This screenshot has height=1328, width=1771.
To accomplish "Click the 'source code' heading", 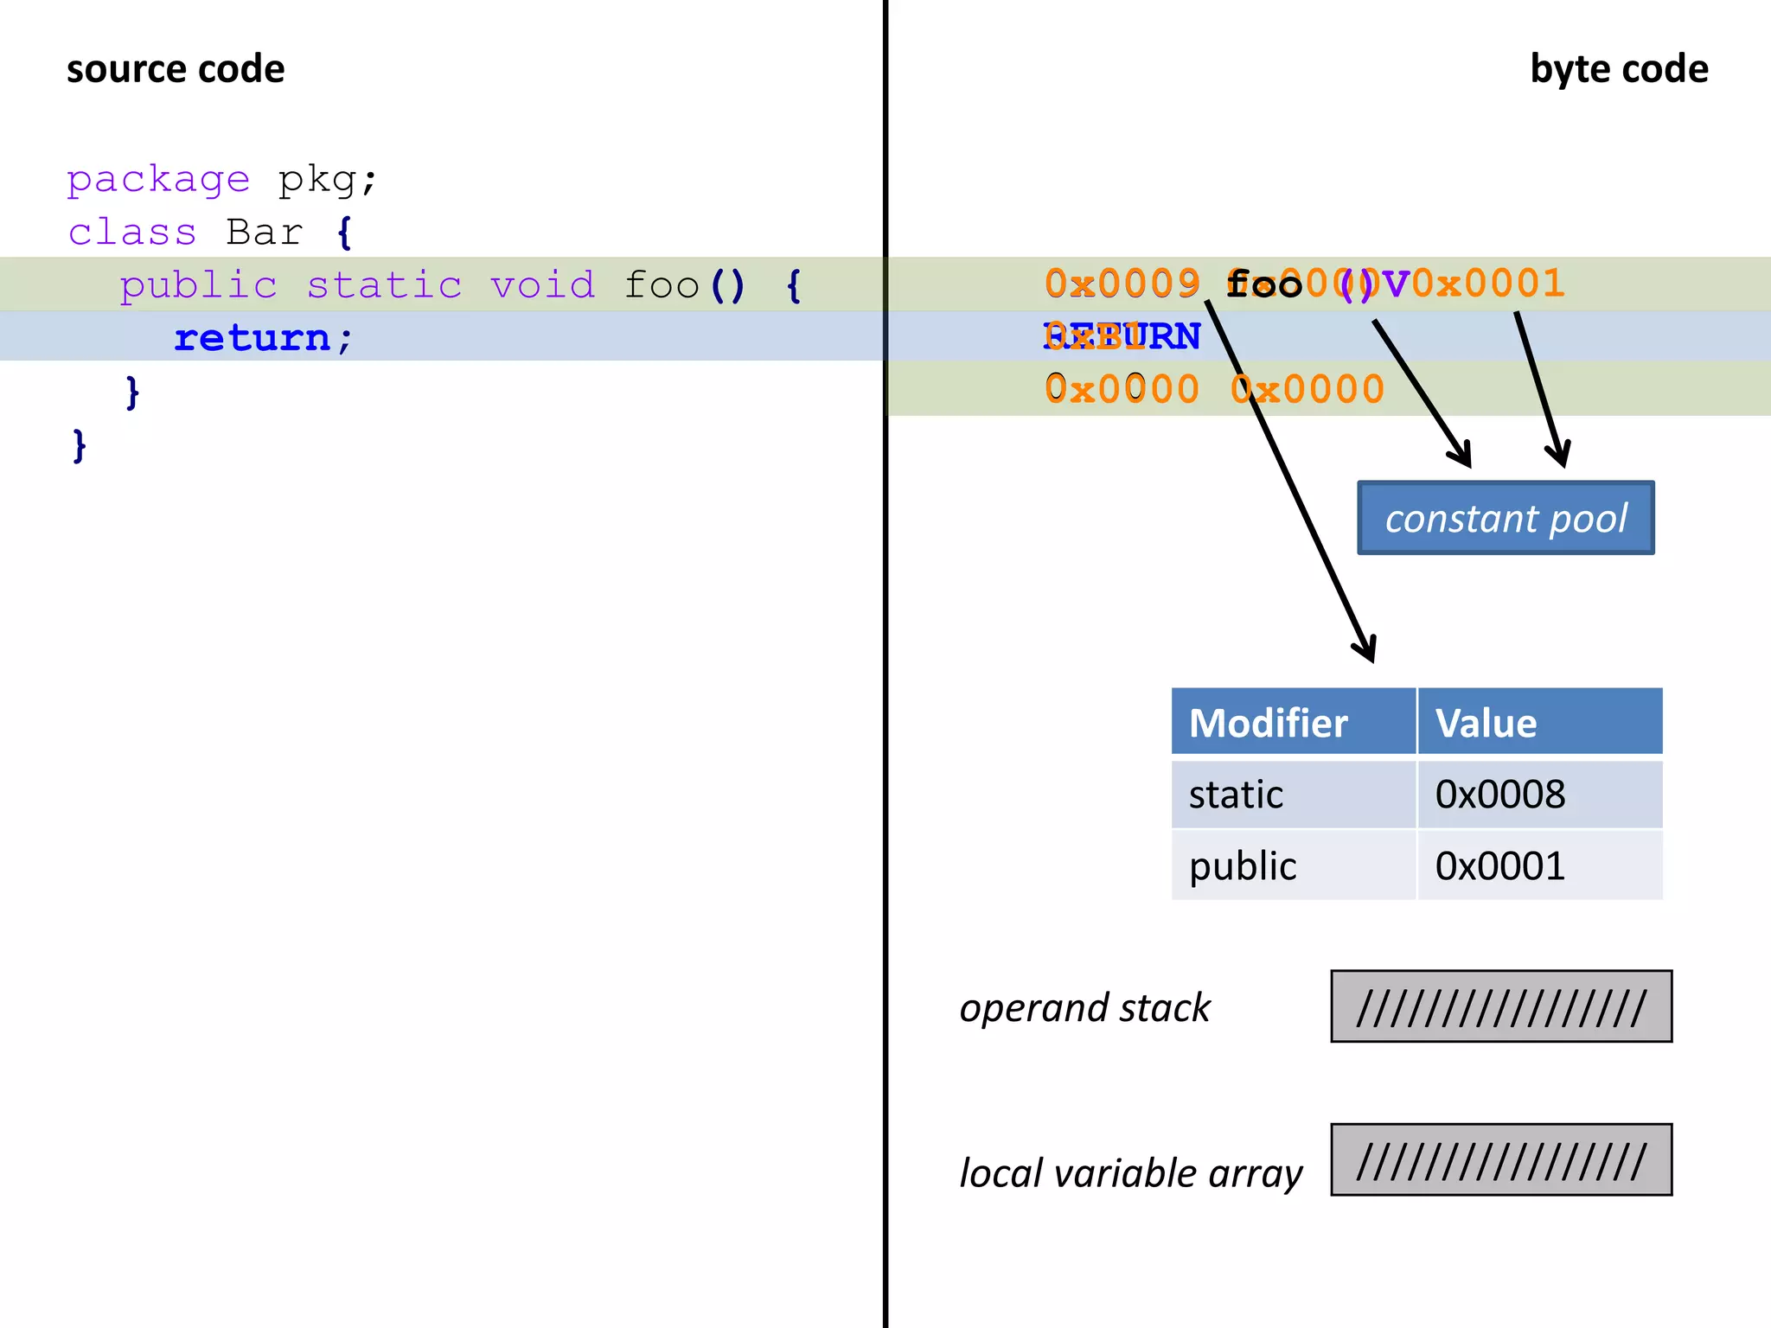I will pos(176,69).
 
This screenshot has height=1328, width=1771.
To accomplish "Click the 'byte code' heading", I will pos(1618,69).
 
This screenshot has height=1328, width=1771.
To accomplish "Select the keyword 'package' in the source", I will pos(158,180).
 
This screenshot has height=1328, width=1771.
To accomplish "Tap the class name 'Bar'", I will pos(265,233).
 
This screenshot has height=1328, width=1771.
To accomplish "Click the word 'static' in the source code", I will pos(385,285).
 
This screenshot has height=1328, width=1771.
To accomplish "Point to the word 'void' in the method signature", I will pos(543,285).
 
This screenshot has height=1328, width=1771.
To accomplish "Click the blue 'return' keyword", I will pos(253,338).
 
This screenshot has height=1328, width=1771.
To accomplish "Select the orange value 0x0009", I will pos(1122,284).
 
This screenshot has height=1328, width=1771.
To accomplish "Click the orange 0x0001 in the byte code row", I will pos(1488,284).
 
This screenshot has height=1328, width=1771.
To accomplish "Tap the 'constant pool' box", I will pos(1506,518).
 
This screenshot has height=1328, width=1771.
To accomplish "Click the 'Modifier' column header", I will pos(1268,723).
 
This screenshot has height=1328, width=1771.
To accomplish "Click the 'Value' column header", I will pos(1486,723).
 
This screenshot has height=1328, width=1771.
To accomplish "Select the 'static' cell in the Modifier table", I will pos(1236,795).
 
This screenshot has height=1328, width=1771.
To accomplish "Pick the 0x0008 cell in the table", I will pos(1500,795).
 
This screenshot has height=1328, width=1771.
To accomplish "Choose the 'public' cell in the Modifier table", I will pos(1243,865).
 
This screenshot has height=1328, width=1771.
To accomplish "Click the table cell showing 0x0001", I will pos(1500,865).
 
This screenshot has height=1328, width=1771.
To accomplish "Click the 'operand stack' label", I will pos(1084,1008).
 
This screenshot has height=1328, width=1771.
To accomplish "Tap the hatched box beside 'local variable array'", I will pos(1500,1159).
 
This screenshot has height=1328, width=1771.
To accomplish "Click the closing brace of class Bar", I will pos(80,446).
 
